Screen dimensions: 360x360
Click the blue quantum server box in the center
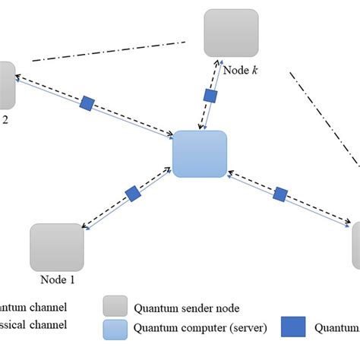[x=200, y=154]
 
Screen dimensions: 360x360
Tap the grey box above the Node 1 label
[x=57, y=247]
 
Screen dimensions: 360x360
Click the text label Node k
[x=242, y=70]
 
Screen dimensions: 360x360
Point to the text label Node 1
[x=55, y=279]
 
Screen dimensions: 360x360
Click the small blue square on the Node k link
[x=211, y=96]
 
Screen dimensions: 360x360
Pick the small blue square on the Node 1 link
[x=133, y=194]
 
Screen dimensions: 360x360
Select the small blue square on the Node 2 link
[x=87, y=102]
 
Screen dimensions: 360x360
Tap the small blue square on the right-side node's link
[x=279, y=194]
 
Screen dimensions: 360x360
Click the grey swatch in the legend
[x=114, y=308]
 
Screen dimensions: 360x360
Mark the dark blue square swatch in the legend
[x=292, y=327]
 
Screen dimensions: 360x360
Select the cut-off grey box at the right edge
[x=355, y=245]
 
